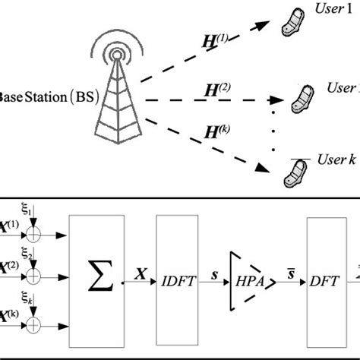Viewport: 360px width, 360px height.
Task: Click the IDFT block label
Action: click(x=178, y=280)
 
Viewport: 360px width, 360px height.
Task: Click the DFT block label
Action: click(x=324, y=280)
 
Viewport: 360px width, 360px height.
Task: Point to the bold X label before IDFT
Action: click(x=141, y=270)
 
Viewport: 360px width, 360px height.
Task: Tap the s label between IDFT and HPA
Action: click(x=216, y=270)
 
